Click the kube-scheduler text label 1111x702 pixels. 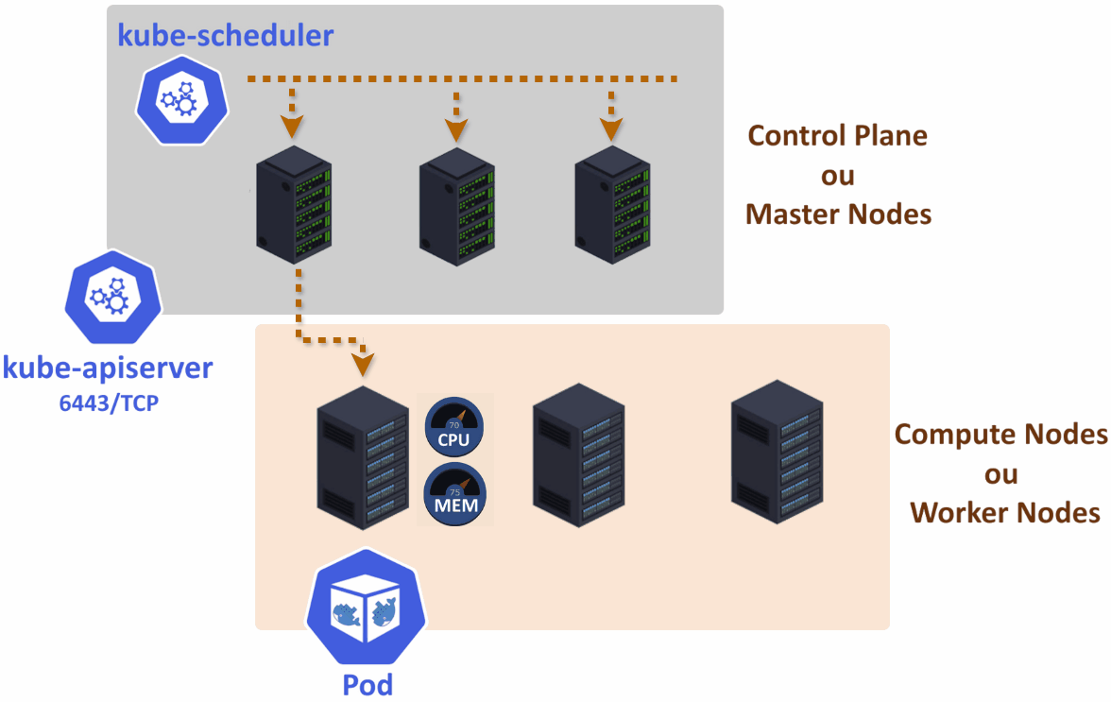click(225, 36)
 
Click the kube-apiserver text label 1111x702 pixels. click(108, 368)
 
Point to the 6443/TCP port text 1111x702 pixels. click(108, 403)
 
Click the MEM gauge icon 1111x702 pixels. click(454, 491)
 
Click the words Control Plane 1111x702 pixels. click(838, 136)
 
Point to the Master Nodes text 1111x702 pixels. click(838, 214)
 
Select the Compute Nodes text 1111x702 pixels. click(1000, 435)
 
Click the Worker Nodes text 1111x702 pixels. click(1005, 513)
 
